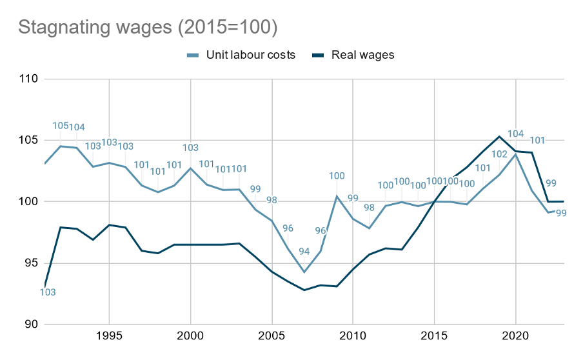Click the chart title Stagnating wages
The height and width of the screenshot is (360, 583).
pyautogui.click(x=148, y=27)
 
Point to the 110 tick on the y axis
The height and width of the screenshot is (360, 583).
pyautogui.click(x=29, y=79)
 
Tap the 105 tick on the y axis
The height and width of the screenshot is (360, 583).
pyautogui.click(x=29, y=140)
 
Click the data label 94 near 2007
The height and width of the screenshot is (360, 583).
pyautogui.click(x=304, y=252)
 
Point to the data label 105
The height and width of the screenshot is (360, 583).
pyautogui.click(x=61, y=126)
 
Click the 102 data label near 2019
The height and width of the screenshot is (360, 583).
pyautogui.click(x=500, y=154)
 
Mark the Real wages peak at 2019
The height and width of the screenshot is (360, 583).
pyautogui.click(x=499, y=136)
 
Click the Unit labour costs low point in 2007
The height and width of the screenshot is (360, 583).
pyautogui.click(x=304, y=272)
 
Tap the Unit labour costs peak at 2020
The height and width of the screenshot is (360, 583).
pyautogui.click(x=516, y=154)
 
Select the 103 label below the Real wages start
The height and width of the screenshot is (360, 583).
pyautogui.click(x=48, y=292)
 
